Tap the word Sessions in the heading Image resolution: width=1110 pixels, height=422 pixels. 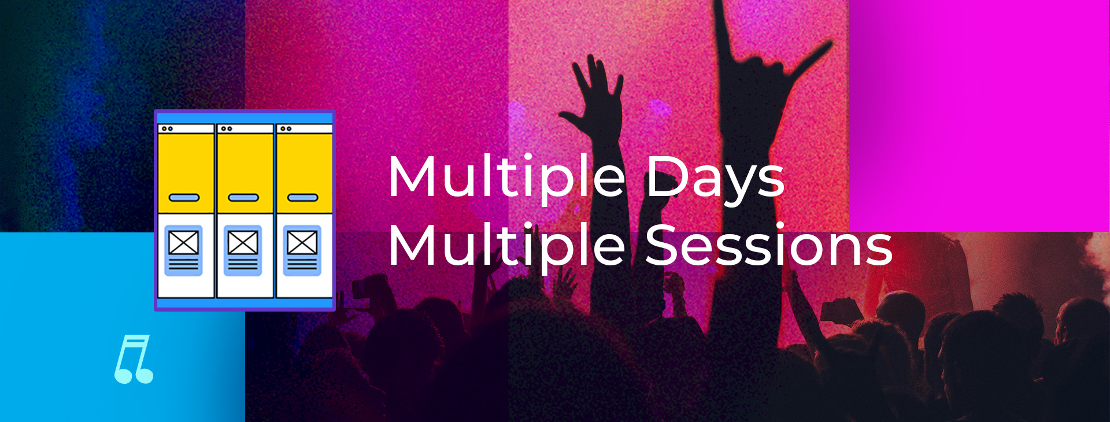coord(769,245)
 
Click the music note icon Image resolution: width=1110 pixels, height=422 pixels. coord(134,359)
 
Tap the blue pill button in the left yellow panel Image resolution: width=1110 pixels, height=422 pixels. coord(184,198)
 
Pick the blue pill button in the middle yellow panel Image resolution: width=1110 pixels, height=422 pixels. coord(243,198)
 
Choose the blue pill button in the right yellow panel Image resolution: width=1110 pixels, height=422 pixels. coord(303,198)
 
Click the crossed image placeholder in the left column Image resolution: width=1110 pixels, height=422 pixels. coord(184,242)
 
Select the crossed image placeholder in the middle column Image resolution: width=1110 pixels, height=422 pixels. coord(243,242)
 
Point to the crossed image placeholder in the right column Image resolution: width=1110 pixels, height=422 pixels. coord(302,242)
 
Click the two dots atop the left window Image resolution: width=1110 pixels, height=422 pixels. coord(167,128)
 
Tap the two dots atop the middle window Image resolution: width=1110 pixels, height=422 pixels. coord(227,128)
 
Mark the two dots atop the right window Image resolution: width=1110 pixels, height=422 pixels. coord(286,128)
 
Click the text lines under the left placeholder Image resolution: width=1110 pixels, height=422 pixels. coord(184,264)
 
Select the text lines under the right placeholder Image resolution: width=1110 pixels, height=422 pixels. coord(302,264)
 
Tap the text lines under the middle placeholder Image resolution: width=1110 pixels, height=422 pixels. coord(243,264)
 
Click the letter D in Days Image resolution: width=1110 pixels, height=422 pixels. coord(666,176)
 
